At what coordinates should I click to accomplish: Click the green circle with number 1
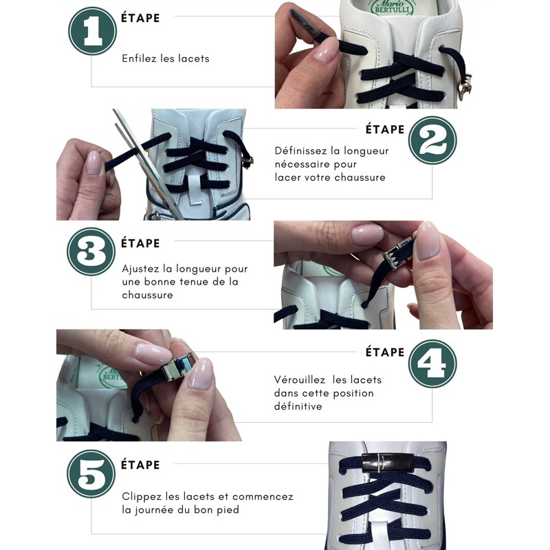[92, 31]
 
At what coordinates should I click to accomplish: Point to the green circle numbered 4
[432, 363]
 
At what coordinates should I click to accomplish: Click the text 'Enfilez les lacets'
[166, 58]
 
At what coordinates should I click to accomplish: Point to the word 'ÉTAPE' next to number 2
[385, 129]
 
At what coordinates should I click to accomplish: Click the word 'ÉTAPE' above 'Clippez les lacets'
[140, 465]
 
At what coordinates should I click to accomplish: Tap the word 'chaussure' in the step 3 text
[147, 295]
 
